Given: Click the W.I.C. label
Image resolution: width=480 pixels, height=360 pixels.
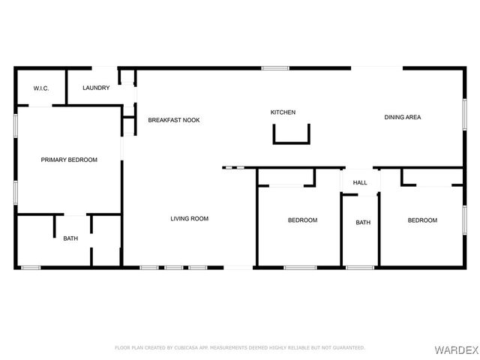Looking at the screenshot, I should click(41, 88).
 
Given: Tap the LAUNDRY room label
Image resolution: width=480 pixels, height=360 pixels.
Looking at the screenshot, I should click(96, 88).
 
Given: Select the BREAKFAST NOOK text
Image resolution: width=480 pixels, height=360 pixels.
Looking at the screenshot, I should click(174, 120).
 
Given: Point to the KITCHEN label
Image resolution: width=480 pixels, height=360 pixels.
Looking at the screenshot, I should click(283, 112).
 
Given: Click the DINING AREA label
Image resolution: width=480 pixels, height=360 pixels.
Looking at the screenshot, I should click(403, 117).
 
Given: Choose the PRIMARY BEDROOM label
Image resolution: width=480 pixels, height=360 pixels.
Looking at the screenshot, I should click(69, 159).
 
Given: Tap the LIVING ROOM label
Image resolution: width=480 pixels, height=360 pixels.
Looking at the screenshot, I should click(189, 218).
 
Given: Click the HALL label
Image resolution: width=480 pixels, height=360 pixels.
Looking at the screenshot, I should click(360, 182).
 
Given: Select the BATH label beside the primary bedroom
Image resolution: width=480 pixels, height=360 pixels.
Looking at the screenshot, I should click(70, 238).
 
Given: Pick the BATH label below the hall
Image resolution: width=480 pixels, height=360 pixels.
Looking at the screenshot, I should click(363, 222).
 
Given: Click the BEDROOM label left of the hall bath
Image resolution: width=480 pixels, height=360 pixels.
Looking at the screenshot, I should click(303, 220).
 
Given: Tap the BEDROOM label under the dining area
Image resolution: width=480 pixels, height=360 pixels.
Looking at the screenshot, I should click(422, 220).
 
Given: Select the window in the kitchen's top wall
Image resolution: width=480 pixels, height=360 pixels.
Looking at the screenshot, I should click(275, 69).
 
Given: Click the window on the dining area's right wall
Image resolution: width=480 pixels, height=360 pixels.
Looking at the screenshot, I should click(464, 120).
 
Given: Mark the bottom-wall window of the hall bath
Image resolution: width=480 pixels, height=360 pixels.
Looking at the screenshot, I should click(360, 267).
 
